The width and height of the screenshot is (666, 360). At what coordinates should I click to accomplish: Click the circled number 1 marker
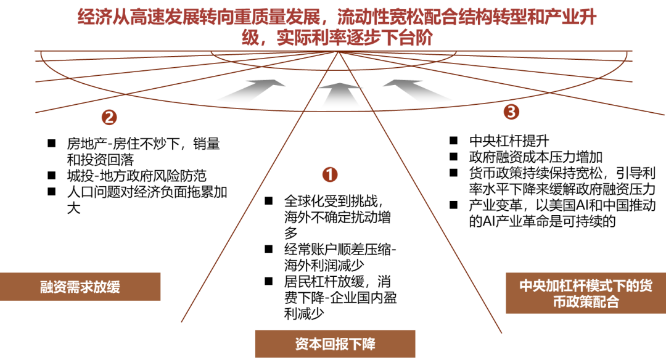click(x=331, y=174)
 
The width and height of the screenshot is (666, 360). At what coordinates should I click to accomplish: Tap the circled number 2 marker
click(x=109, y=117)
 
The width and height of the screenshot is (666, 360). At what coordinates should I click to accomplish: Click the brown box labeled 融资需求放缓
click(x=80, y=287)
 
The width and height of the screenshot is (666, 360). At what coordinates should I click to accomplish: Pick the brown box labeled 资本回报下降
click(x=335, y=343)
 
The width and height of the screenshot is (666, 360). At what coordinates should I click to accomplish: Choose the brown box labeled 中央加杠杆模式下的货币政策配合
click(x=586, y=294)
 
